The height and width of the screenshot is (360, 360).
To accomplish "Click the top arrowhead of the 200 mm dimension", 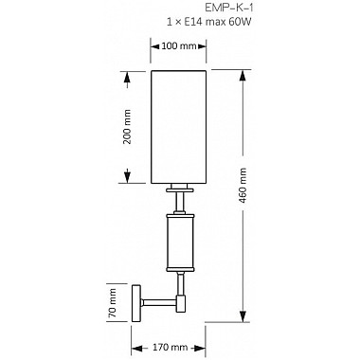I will coord(126,73).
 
